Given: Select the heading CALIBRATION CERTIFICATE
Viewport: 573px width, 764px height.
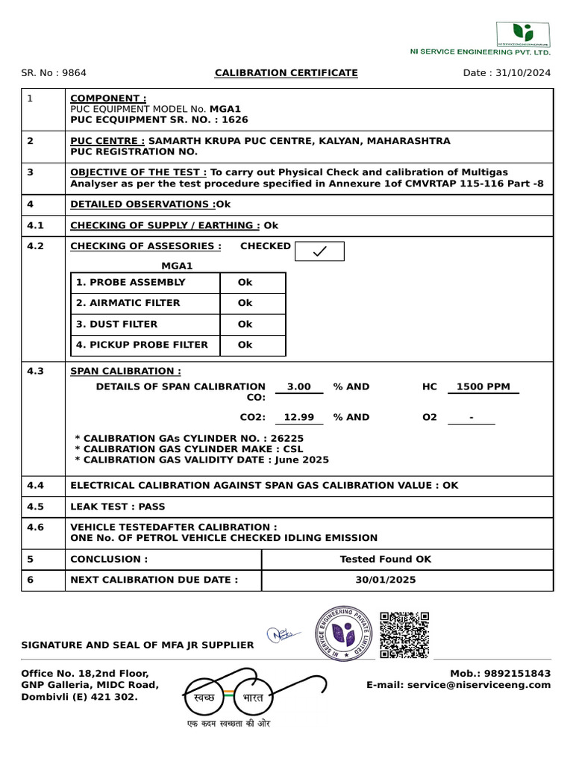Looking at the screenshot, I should point(286,73).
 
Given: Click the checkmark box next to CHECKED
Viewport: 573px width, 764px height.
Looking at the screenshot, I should point(319,251).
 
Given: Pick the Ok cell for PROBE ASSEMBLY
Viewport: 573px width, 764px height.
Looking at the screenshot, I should point(245,283).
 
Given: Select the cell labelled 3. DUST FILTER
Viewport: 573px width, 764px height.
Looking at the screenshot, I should point(146,325).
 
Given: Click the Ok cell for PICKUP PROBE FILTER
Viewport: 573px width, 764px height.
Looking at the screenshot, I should point(245,345).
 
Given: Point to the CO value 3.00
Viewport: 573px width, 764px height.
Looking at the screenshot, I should point(298,387).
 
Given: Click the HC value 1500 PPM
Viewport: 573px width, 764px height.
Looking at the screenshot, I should point(483,387).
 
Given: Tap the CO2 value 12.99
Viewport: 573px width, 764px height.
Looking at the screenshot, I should point(298,418).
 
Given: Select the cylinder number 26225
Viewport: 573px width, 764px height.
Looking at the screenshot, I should point(286,439).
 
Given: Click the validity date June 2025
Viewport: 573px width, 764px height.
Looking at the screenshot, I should point(302,460).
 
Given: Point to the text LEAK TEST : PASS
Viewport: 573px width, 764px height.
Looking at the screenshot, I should point(118,507).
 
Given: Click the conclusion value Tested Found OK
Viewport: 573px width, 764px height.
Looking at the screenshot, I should point(385,560).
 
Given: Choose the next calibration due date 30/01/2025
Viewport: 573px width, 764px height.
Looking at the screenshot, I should point(385,580).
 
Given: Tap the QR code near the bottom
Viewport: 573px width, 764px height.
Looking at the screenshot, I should point(404,635).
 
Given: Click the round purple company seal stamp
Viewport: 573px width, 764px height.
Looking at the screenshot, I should point(345,634).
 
